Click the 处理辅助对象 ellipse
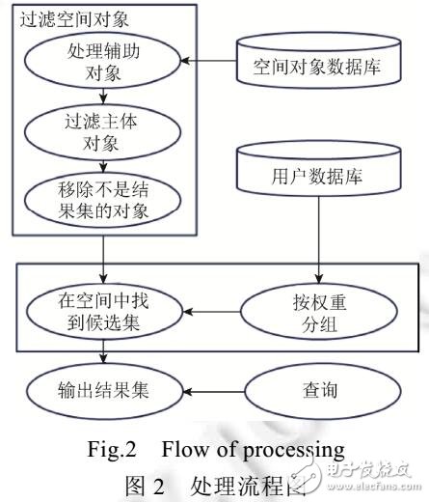click(104, 63)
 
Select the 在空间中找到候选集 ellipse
click(103, 312)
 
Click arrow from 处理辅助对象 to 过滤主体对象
click(103, 99)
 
